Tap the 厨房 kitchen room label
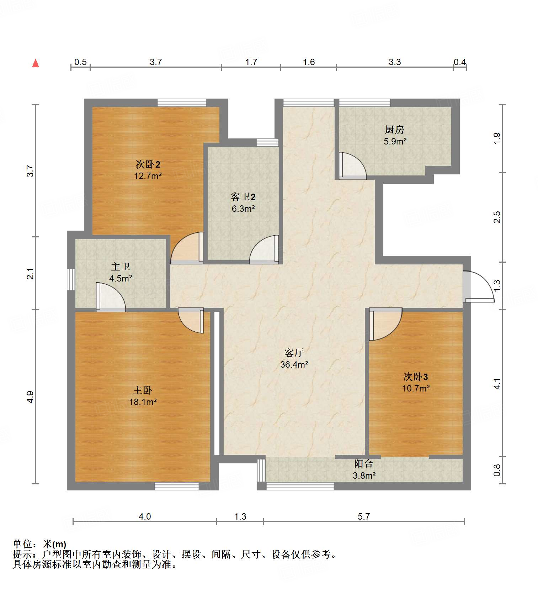(x=395, y=130)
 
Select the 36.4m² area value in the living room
(x=294, y=364)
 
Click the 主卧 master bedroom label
(x=142, y=390)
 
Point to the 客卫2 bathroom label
(x=243, y=197)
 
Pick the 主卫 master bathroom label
(x=121, y=267)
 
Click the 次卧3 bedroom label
(x=415, y=377)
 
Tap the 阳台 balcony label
(x=364, y=463)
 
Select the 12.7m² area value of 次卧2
(x=148, y=176)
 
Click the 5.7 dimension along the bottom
(x=364, y=516)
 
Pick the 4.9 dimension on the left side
(x=31, y=397)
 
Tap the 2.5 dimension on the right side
(x=497, y=217)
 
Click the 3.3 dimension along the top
(x=394, y=62)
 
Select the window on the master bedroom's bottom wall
(x=177, y=486)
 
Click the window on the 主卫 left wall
(x=71, y=279)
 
